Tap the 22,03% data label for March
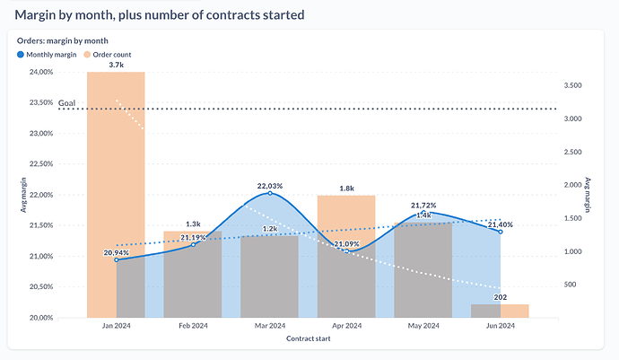pos(270,187)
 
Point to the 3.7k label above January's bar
pos(116,66)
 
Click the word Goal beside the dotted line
pos(66,104)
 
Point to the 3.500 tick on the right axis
pos(577,85)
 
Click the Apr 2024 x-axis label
pos(346,327)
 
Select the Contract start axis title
pos(308,340)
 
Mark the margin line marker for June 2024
pos(501,232)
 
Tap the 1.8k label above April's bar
pos(346,188)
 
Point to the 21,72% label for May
pos(423,206)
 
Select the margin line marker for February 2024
pos(193,245)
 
